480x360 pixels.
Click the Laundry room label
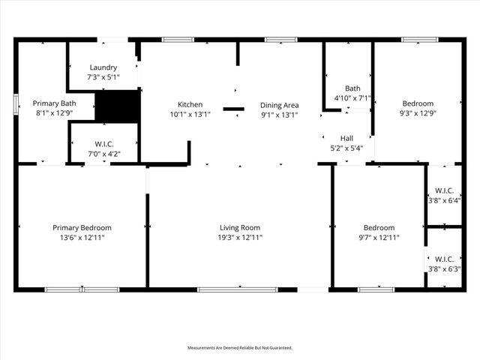pos(103,67)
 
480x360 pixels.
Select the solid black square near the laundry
pos(118,106)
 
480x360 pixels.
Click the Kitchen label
pos(190,104)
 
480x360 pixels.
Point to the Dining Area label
pos(280,104)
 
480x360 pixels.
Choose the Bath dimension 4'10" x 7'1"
pos(352,97)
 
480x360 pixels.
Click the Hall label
pos(346,138)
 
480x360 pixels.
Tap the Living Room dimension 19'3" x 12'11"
pos(240,238)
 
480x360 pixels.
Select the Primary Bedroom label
pos(82,227)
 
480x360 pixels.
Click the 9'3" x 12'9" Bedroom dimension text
pos(417,114)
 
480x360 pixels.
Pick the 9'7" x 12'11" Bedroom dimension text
pos(379,238)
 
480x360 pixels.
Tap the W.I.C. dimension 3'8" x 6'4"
pos(444,200)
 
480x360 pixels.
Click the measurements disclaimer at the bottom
pos(240,348)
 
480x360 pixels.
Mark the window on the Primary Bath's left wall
pos(16,103)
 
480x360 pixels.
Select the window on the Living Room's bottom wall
pos(226,289)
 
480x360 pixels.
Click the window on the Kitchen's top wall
pos(178,39)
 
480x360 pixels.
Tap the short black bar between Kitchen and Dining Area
pos(233,109)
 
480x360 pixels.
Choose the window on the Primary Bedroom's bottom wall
pos(82,289)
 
